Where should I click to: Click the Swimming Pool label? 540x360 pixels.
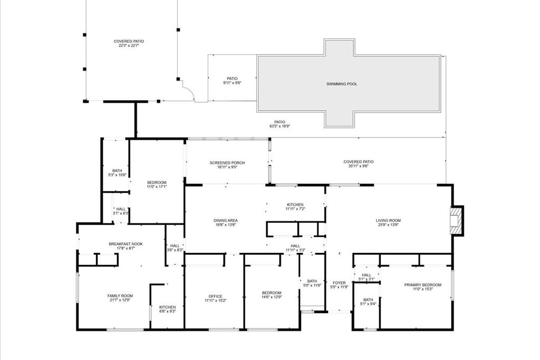pos(341,84)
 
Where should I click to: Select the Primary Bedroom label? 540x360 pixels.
pos(423,285)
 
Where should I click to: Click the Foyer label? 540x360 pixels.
pos(339,283)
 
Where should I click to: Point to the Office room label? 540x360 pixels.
pos(215,296)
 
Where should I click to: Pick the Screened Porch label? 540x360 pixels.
pos(227,163)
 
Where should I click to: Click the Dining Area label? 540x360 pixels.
pos(225,220)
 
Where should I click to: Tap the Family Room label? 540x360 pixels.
pos(120,296)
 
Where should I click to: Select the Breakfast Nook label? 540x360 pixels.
pos(126,244)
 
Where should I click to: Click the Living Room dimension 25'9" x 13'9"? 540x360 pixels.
pos(388,225)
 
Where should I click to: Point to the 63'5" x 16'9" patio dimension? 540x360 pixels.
pos(279,127)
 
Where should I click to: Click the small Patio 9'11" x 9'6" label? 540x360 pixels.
pos(233,79)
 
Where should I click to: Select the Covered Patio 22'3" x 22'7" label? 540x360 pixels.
pos(129,41)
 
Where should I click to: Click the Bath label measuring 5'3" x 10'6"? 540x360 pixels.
pos(117,171)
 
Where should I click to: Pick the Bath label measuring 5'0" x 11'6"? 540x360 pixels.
pos(312,281)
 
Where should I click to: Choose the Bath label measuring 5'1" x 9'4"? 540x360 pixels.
pos(368,300)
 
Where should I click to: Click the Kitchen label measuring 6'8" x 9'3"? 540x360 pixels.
pos(168,307)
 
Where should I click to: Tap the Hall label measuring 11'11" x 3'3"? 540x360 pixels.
pos(295,246)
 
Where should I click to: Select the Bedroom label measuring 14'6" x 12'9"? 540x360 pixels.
pos(272,293)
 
